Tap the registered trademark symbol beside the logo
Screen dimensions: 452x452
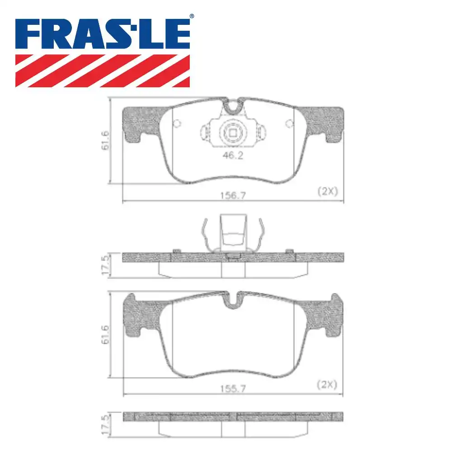click(192, 17)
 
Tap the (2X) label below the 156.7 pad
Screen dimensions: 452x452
click(326, 191)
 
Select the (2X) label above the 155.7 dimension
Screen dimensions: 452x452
click(326, 385)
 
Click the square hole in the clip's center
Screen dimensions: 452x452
click(233, 133)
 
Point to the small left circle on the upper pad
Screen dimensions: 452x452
click(177, 123)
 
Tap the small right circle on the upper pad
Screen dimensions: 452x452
click(289, 123)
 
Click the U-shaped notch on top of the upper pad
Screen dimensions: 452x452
click(233, 106)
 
